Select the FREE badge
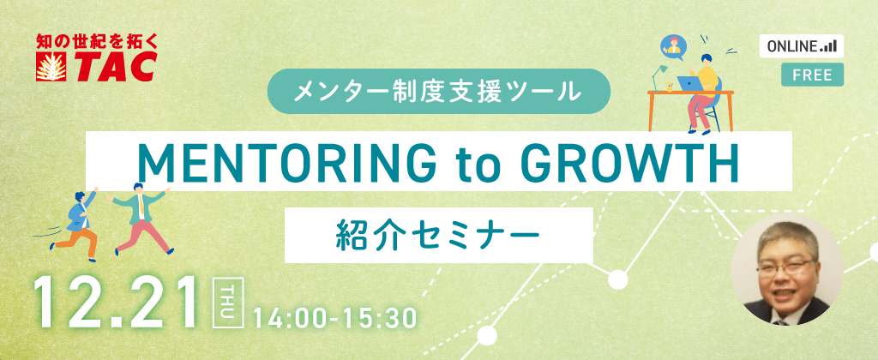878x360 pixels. point(812,75)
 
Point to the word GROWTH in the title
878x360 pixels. point(630,162)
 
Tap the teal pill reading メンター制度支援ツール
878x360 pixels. point(438,91)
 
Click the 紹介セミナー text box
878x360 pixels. point(438,235)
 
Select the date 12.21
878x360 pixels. point(117,303)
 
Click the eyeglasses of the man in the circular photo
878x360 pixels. point(785,268)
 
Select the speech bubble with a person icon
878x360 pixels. point(672,47)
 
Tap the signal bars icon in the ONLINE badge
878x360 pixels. point(828,47)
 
